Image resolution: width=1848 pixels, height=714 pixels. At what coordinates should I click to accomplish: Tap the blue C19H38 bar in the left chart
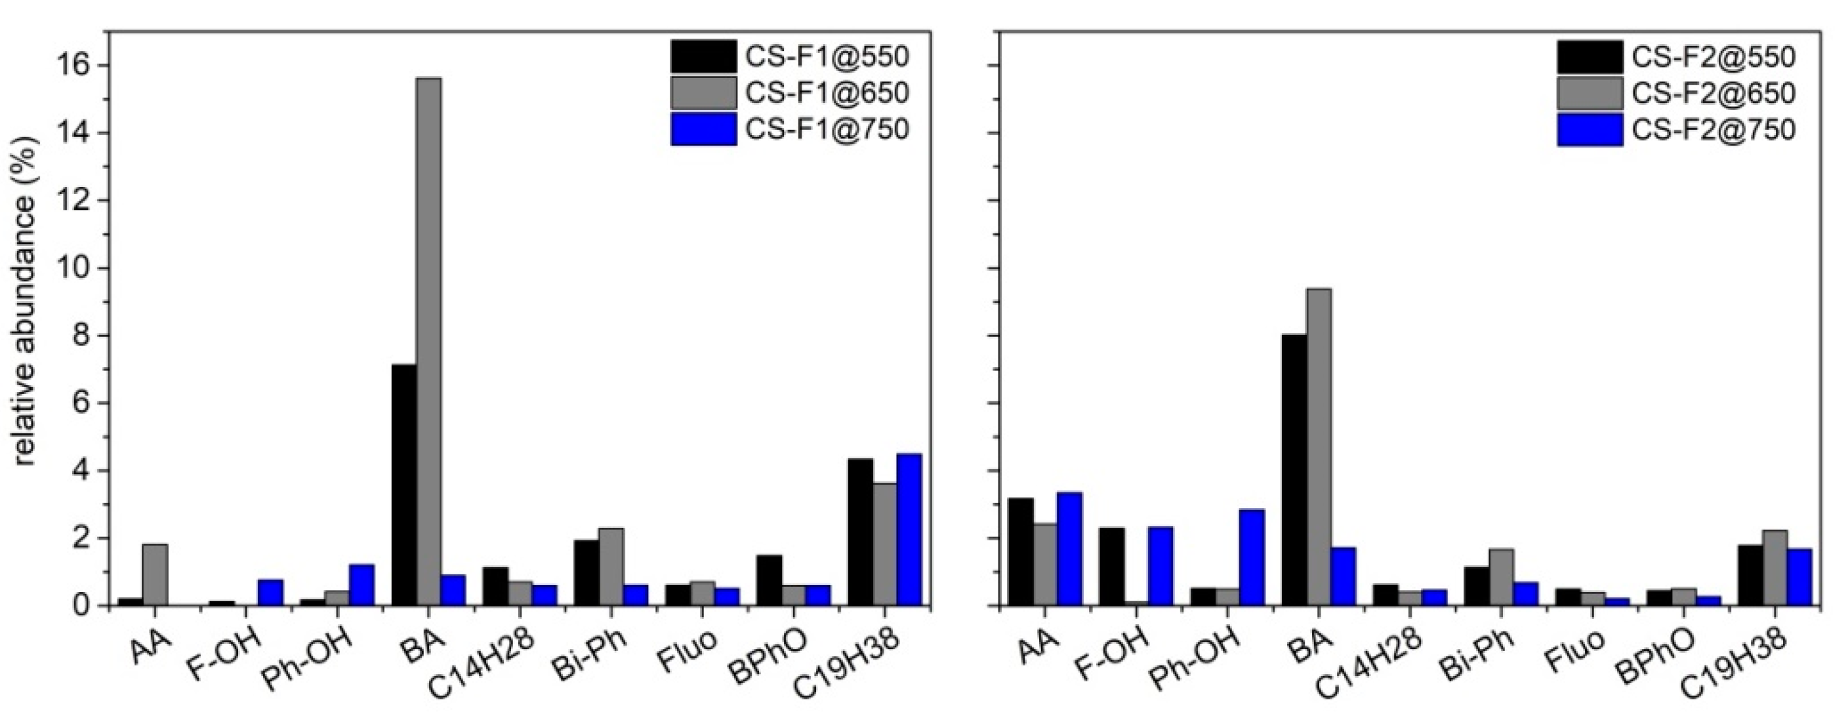[909, 530]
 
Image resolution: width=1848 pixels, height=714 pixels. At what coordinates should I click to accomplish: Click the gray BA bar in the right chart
[1319, 447]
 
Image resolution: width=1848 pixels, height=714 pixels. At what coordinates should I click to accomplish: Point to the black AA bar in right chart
[1020, 552]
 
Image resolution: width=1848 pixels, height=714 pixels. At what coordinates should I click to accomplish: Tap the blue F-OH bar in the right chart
[1160, 566]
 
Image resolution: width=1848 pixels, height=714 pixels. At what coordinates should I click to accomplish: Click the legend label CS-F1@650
[827, 92]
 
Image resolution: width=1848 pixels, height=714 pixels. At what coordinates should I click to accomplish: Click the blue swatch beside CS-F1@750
[704, 129]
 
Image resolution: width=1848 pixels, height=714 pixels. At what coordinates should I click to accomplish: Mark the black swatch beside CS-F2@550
[1588, 56]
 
